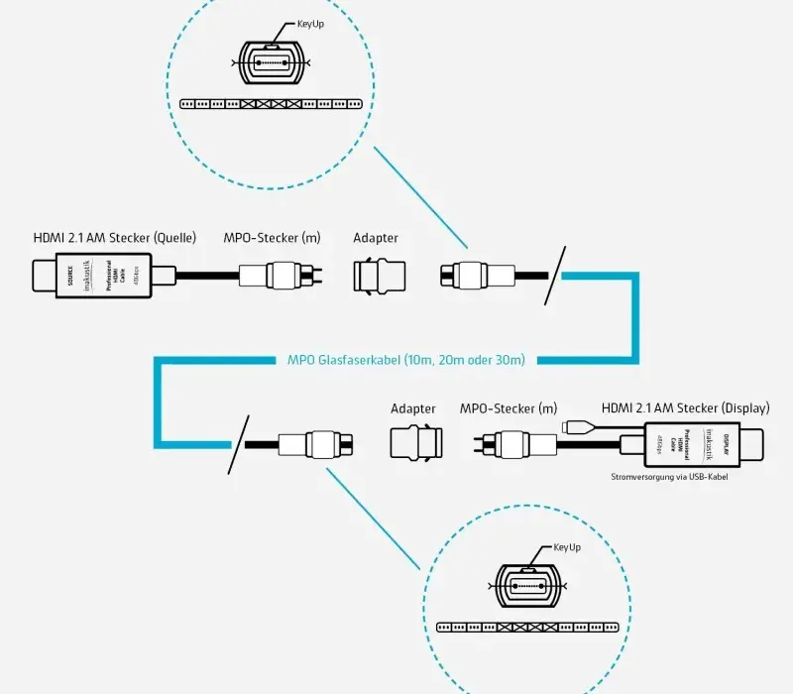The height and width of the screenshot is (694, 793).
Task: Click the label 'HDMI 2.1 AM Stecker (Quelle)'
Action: click(115, 238)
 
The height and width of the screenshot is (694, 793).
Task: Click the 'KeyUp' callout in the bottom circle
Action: click(566, 547)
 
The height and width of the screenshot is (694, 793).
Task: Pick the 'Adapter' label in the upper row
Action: click(376, 238)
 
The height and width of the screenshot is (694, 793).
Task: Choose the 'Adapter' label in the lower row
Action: click(413, 408)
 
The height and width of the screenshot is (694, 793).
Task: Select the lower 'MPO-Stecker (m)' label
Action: click(509, 408)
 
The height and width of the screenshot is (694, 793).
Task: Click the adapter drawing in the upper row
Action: click(377, 277)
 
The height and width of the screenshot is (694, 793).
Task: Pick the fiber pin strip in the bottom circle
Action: click(527, 628)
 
